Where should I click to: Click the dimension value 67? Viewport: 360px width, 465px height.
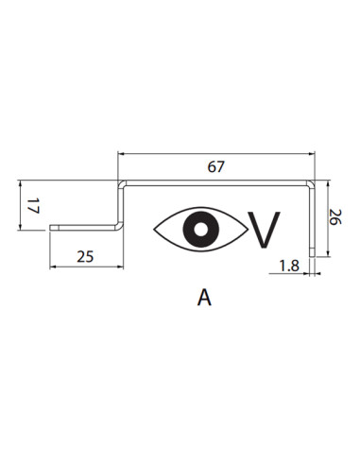[x=215, y=166]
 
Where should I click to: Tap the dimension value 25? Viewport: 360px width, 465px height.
[x=85, y=257]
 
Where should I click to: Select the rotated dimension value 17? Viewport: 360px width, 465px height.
[x=33, y=206]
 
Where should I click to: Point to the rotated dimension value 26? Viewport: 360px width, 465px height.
[x=334, y=216]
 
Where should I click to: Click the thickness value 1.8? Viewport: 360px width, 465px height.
[x=289, y=266]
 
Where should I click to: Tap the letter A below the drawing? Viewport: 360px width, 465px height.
[x=204, y=298]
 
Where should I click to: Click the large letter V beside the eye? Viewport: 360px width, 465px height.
[x=264, y=230]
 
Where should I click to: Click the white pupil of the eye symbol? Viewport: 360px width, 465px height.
[x=200, y=229]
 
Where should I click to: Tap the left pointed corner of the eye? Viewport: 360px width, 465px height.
[x=154, y=230]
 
